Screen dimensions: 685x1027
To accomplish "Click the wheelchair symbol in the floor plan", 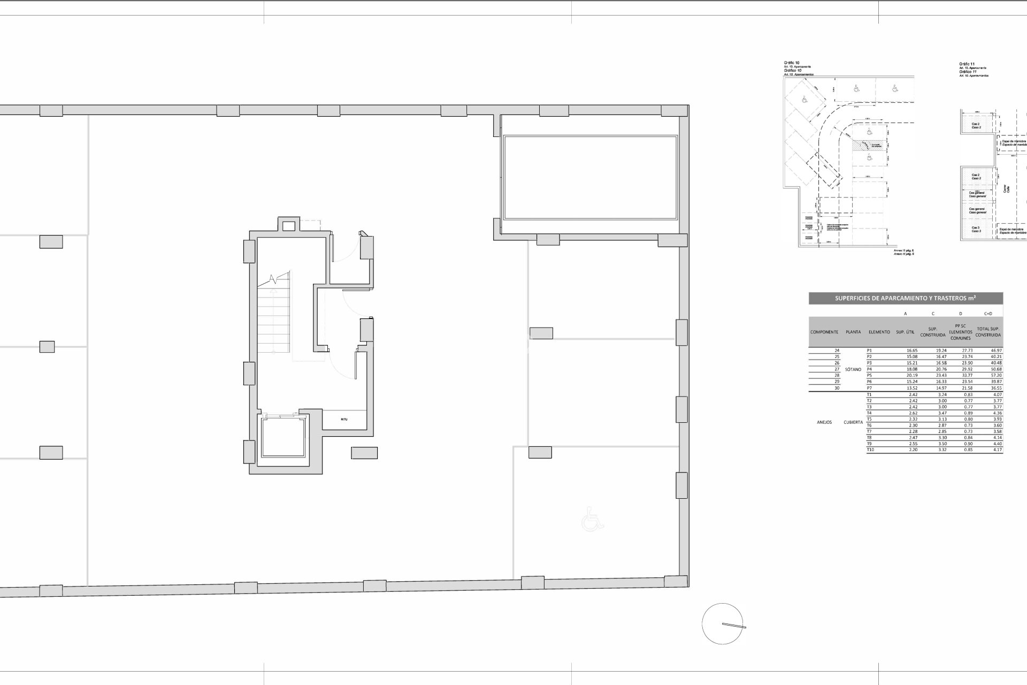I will pos(592,519).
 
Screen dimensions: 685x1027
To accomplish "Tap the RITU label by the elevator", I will pos(344,419).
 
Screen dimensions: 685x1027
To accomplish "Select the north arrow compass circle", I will pos(723,623).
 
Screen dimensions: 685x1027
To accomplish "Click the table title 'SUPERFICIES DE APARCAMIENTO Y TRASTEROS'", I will pos(906,299).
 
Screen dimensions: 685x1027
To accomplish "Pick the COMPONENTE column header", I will pos(824,332).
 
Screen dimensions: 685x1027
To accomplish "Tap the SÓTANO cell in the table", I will pos(853,369).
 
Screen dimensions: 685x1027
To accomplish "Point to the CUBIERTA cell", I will pos(853,422).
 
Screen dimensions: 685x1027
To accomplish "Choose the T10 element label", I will pos(870,450).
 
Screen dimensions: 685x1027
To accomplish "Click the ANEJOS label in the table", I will pos(824,422).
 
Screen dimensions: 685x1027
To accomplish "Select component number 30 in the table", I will pos(837,388).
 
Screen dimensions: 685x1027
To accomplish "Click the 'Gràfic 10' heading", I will pos(791,63).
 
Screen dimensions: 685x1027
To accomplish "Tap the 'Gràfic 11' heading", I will pos(967,64).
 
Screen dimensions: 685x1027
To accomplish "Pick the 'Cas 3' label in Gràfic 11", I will pos(976,230).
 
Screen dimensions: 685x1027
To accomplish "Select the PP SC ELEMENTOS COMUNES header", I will pos(960,332).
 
